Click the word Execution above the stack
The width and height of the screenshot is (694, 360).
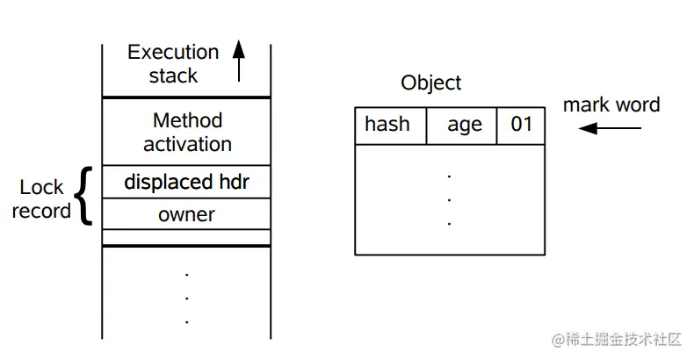(x=173, y=52)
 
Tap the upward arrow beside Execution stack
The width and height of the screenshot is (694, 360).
(x=239, y=61)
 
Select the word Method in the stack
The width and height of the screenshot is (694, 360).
(x=187, y=120)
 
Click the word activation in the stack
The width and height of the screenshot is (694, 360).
(x=187, y=144)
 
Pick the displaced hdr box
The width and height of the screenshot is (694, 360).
(x=186, y=182)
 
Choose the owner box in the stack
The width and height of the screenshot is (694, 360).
(x=186, y=214)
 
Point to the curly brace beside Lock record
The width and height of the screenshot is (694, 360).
(x=83, y=196)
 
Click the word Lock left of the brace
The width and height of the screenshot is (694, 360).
(x=41, y=187)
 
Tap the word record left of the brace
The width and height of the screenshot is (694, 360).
(x=41, y=211)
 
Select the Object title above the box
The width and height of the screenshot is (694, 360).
(x=430, y=83)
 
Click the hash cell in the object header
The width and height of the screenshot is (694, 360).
(x=390, y=126)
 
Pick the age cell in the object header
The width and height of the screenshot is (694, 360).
(x=461, y=126)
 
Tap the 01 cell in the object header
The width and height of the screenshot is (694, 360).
(x=521, y=126)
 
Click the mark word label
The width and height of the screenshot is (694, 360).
(x=611, y=104)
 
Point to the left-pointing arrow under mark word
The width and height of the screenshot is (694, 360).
(x=610, y=128)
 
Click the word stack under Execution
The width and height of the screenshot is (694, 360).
(x=173, y=76)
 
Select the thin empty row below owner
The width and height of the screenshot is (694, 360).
(x=186, y=237)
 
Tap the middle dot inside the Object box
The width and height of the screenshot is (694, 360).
(x=449, y=200)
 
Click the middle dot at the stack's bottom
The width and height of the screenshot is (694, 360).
(x=187, y=299)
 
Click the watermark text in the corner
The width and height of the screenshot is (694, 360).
(x=616, y=340)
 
